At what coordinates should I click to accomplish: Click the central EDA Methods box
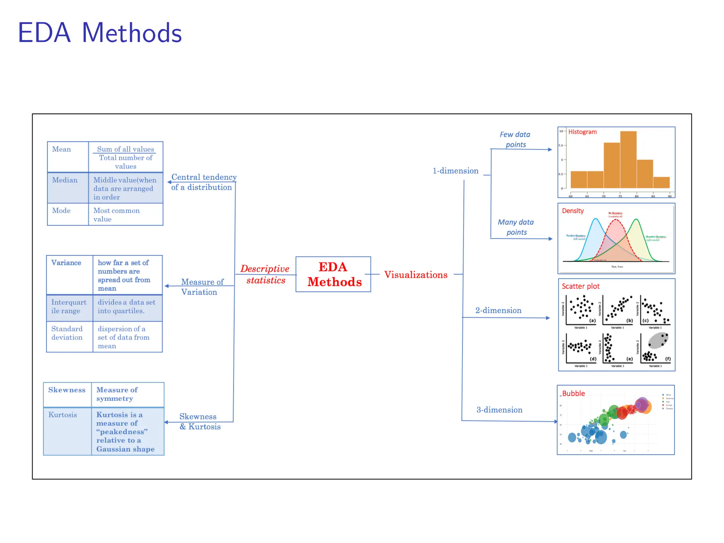pos(333,274)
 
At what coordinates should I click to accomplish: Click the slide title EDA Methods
pos(100,33)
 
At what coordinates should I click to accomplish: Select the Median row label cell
pos(68,187)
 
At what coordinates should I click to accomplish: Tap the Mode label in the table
pos(62,211)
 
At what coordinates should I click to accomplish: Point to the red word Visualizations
pos(416,275)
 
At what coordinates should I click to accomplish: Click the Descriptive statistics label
pos(265,274)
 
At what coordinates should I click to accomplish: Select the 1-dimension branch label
pos(455,171)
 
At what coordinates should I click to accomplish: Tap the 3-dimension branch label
pos(499,410)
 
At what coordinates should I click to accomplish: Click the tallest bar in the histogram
pos(628,159)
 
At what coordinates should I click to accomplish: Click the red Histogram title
pos(582,132)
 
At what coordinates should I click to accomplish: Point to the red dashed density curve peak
pos(615,220)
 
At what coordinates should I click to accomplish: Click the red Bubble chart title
pos(573,393)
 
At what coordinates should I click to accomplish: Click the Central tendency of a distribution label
pos(203,182)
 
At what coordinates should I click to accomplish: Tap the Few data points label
pos(515,139)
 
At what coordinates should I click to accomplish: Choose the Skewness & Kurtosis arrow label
pos(200,421)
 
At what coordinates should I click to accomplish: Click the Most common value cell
pos(117,215)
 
